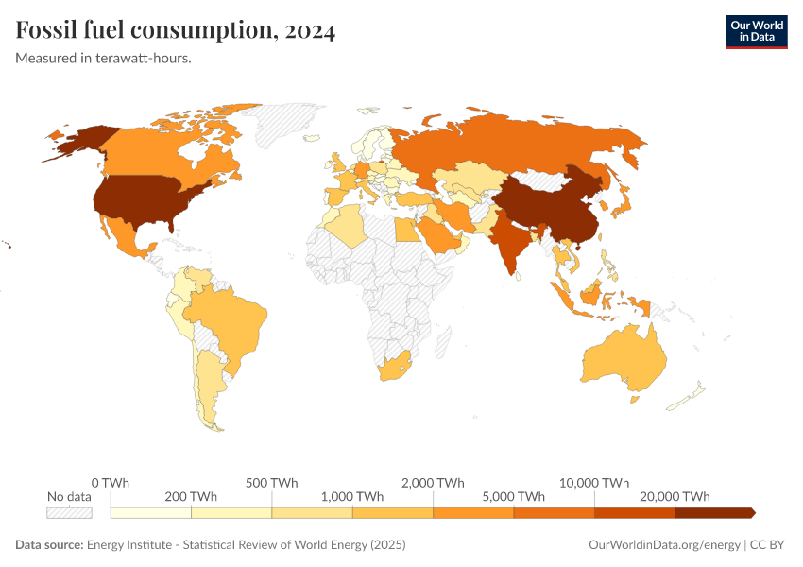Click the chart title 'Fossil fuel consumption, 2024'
[x=175, y=31]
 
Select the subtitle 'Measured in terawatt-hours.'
[x=104, y=59]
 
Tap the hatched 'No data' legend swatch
[x=70, y=512]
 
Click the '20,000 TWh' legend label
[x=675, y=496]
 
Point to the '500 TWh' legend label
[x=271, y=482]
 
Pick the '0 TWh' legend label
[x=111, y=482]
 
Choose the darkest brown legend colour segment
[x=713, y=512]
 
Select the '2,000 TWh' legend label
[x=433, y=482]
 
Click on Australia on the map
[x=624, y=359]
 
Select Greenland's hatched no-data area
[x=288, y=123]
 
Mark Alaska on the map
[x=80, y=142]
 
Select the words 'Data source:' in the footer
[x=49, y=544]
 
